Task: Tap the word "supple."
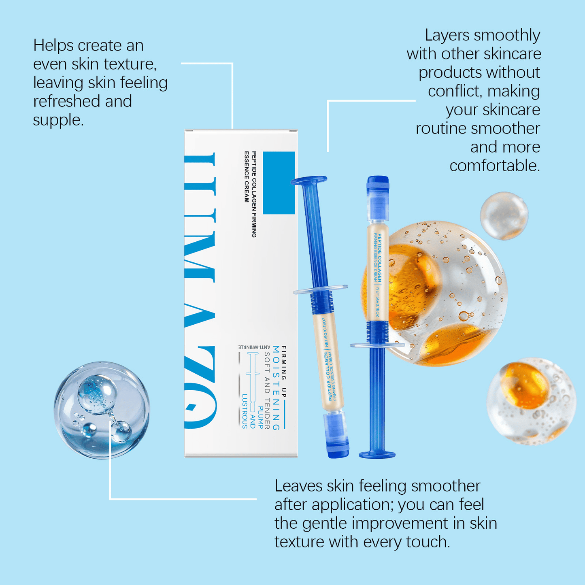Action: pyautogui.click(x=58, y=120)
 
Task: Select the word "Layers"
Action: pyautogui.click(x=447, y=36)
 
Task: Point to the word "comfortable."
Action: pyautogui.click(x=494, y=166)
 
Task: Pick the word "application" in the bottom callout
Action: pyautogui.click(x=352, y=505)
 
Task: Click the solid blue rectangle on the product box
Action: pyautogui.click(x=279, y=183)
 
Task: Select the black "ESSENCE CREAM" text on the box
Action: pyautogui.click(x=246, y=177)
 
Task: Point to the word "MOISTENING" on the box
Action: pyautogui.click(x=276, y=388)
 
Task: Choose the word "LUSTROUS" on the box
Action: pyautogui.click(x=245, y=411)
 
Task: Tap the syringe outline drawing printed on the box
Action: pyautogui.click(x=252, y=381)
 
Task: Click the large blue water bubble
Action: pyautogui.click(x=102, y=409)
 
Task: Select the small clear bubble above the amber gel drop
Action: pyautogui.click(x=504, y=215)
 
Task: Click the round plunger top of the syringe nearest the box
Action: pyautogui.click(x=309, y=180)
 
